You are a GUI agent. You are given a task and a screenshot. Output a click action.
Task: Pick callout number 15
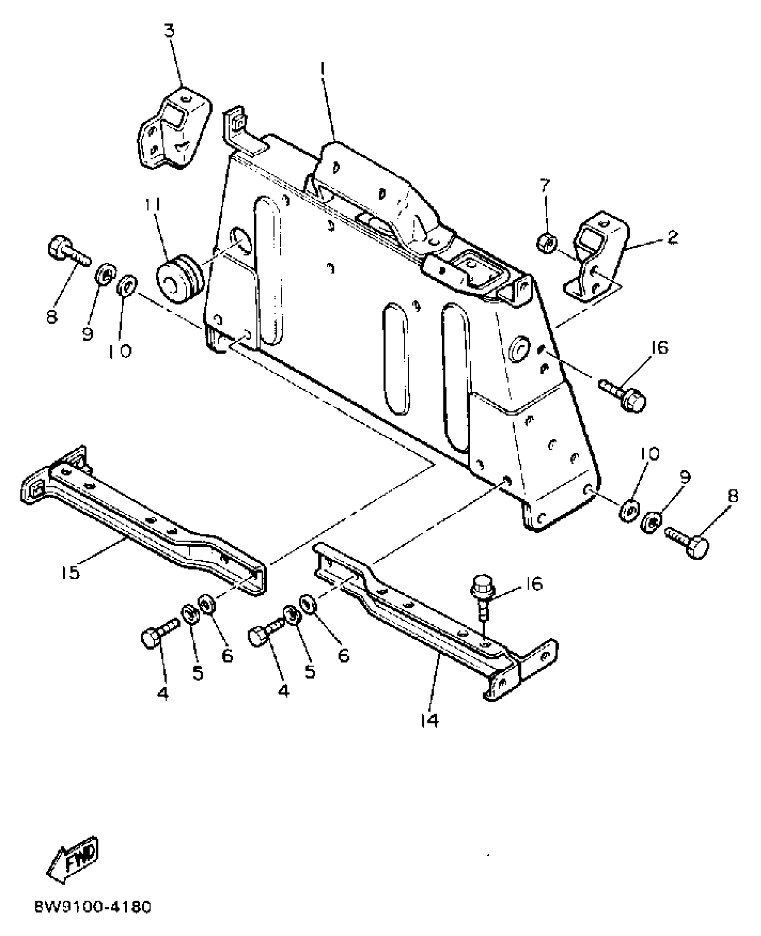point(70,572)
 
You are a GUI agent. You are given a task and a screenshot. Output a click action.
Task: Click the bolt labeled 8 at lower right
point(687,542)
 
